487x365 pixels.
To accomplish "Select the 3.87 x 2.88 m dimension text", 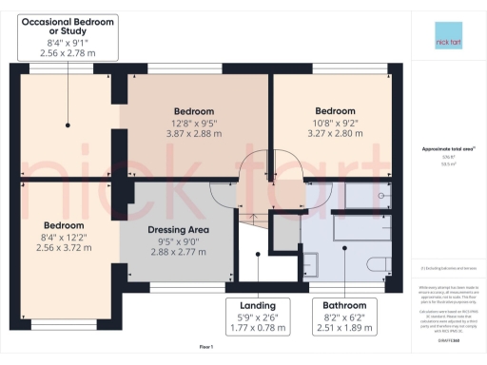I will pyautogui.click(x=194, y=136).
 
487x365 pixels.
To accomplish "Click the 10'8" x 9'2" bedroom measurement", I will pyautogui.click(x=335, y=122).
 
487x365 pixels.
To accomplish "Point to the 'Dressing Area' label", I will pyautogui.click(x=179, y=229).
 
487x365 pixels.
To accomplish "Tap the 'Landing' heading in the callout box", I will pyautogui.click(x=258, y=305).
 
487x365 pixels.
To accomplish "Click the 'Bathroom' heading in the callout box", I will pyautogui.click(x=344, y=305).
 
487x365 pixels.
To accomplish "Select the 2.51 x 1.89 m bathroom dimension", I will pyautogui.click(x=344, y=329).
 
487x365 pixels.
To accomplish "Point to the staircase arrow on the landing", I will pyautogui.click(x=254, y=217).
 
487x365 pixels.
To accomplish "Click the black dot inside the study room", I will pyautogui.click(x=67, y=125).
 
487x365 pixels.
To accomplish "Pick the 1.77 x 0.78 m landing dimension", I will pyautogui.click(x=258, y=329).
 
